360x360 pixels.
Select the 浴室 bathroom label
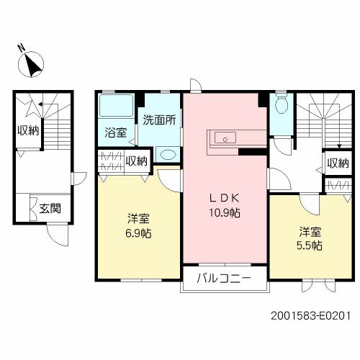tap(116, 132)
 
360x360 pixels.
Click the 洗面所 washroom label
tap(158, 120)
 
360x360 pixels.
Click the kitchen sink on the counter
tap(221, 138)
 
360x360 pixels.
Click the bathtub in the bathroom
tap(114, 109)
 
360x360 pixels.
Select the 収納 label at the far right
tap(338, 163)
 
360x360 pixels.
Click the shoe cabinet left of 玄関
tap(33, 208)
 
